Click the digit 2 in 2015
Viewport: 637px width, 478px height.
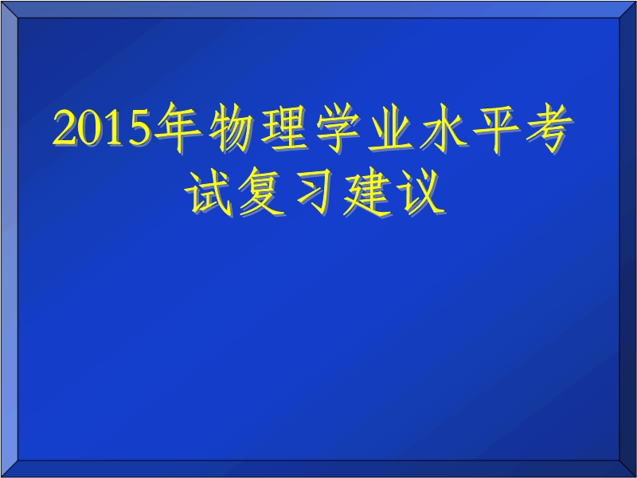66,127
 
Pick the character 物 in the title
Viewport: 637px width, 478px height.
231,128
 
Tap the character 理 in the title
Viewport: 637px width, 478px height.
285,128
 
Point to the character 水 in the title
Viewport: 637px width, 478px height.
444,128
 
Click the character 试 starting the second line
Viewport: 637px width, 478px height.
209,192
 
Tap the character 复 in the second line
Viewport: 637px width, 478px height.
262,192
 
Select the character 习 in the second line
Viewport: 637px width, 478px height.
315,192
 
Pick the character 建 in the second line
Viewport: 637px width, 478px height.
369,192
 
